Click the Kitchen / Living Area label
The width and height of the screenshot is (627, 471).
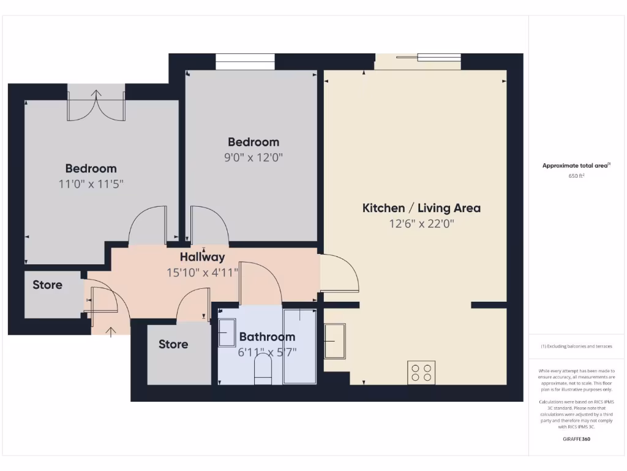coord(421,208)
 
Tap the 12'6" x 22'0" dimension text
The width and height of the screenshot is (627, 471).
coord(421,224)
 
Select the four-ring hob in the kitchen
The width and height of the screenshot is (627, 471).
coord(422,372)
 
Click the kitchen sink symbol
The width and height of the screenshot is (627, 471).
coord(334,340)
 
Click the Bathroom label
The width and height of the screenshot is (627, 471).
coord(267,337)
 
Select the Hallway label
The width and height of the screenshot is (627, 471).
coord(202,257)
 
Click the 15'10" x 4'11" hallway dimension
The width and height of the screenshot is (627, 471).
coord(202,272)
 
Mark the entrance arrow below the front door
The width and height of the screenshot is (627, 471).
coord(110,332)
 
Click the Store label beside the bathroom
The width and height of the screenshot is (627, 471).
coord(173,344)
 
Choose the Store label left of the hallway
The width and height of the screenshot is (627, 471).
coord(47,285)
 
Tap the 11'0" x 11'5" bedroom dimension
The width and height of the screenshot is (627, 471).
coord(91,184)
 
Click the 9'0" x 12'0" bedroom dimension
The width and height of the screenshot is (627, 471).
coord(253,158)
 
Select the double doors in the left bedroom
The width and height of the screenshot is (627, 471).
coord(96,105)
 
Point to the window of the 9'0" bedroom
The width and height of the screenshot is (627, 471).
coord(245,62)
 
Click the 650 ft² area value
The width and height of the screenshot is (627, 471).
coord(576,176)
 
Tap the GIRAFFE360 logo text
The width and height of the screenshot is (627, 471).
coord(576,439)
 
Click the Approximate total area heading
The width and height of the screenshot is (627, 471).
coord(576,166)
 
